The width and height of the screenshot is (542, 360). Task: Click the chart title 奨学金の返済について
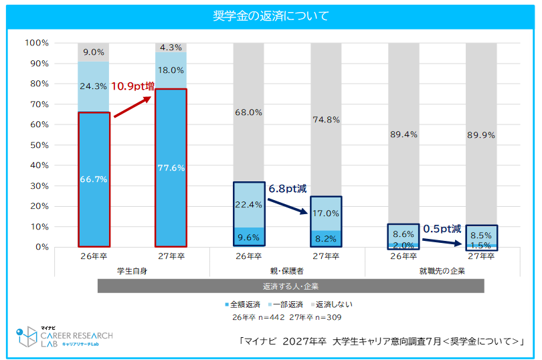[x=270, y=16]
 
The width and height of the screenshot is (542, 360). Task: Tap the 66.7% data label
[x=94, y=179]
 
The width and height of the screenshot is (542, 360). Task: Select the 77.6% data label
[x=171, y=168]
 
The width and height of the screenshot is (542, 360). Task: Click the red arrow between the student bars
[x=132, y=107]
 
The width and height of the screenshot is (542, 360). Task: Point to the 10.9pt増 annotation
[x=132, y=86]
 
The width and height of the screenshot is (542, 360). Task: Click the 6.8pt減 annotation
[x=288, y=189]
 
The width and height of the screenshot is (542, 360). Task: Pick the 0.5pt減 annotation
[x=442, y=229]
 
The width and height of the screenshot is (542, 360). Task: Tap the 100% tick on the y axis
[x=37, y=43]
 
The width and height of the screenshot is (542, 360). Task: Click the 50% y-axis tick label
[x=39, y=145]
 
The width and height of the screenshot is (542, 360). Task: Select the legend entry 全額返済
[x=243, y=304]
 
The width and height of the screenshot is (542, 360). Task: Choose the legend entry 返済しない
[x=332, y=304]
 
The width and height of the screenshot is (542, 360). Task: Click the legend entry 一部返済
[x=286, y=304]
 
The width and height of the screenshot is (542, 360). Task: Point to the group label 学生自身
[x=132, y=271]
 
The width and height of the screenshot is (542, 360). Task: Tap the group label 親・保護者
[x=287, y=271]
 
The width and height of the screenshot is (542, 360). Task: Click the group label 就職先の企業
[x=442, y=271]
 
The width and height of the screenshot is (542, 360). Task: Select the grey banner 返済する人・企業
[x=290, y=286]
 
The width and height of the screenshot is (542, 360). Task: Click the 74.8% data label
[x=327, y=120]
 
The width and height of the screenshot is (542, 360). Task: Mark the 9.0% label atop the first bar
[x=94, y=52]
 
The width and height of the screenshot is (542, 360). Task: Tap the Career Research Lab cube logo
[x=27, y=336]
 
